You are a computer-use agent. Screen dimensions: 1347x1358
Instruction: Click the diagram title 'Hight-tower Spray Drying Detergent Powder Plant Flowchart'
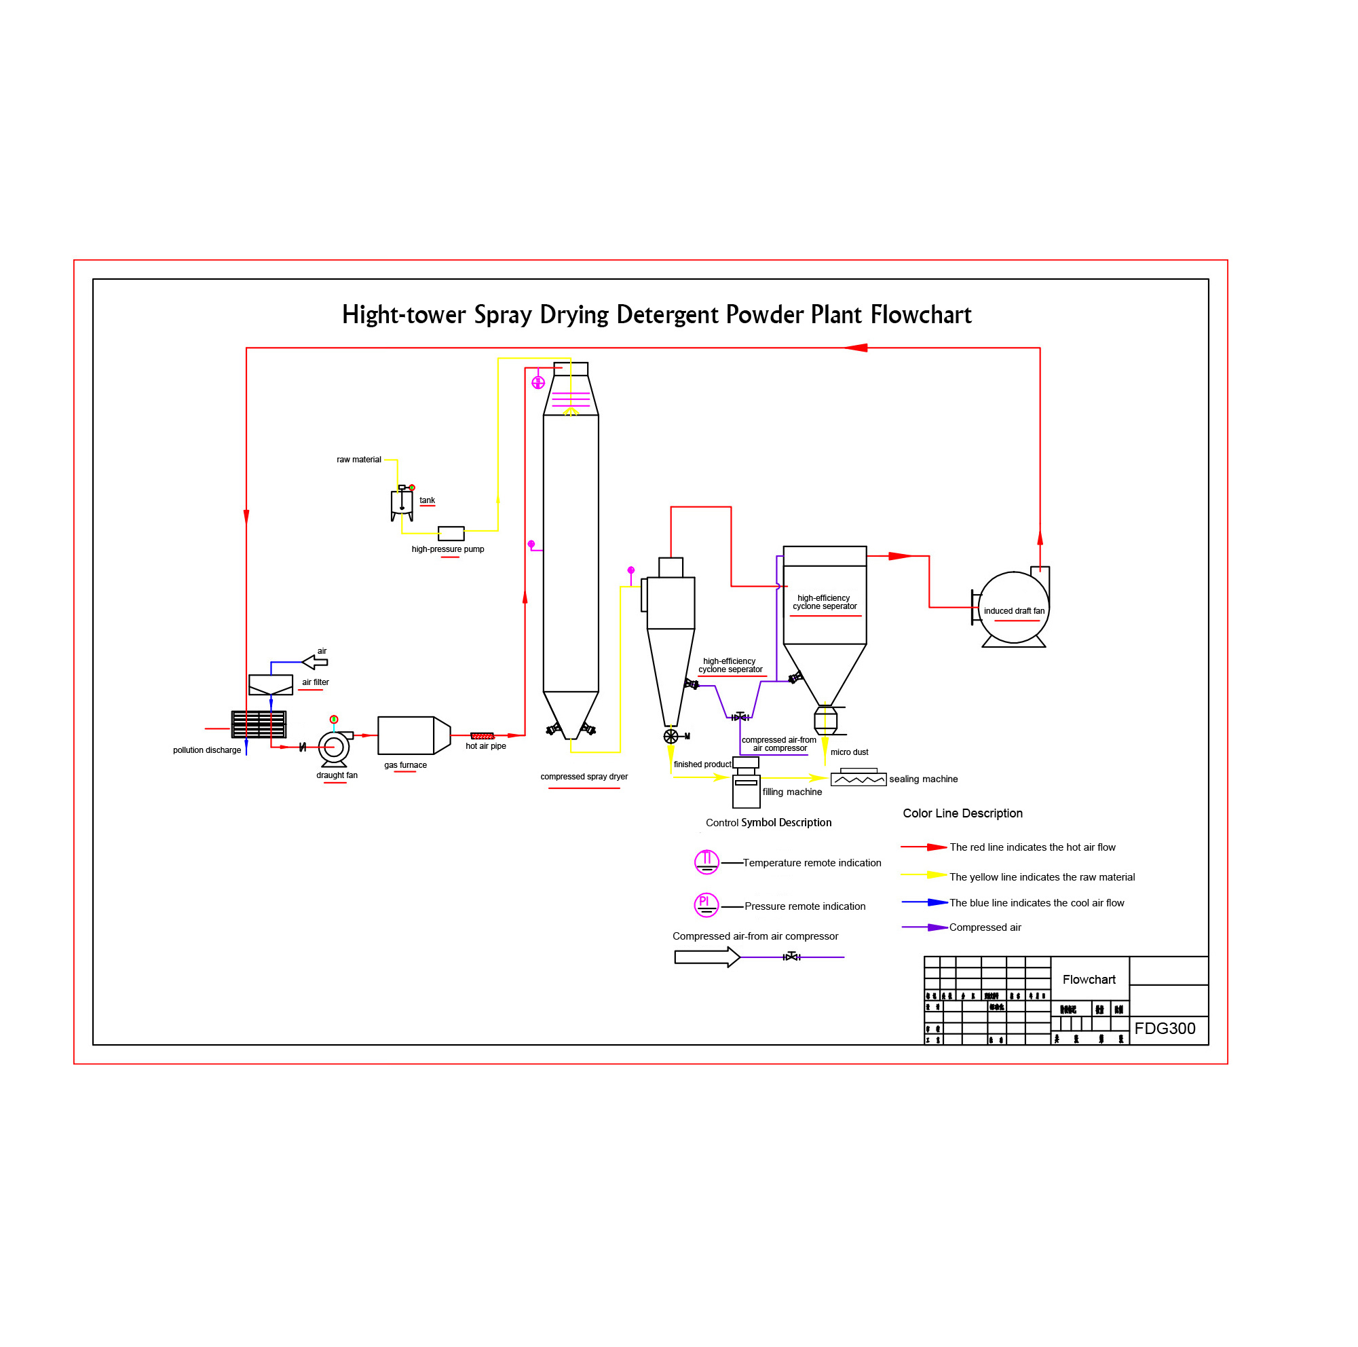click(656, 314)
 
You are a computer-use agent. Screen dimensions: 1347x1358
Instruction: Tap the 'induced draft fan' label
click(1014, 610)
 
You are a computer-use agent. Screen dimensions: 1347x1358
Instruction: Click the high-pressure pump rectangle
click(451, 533)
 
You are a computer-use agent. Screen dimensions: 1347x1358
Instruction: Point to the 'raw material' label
click(358, 460)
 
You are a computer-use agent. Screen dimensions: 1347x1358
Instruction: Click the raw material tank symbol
click(401, 504)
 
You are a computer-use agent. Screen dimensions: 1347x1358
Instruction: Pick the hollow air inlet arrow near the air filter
click(315, 661)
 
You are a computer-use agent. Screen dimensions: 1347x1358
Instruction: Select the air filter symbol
click(271, 684)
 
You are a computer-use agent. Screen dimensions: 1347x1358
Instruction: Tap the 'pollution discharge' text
click(206, 750)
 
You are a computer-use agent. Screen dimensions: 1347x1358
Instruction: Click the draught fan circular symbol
click(334, 747)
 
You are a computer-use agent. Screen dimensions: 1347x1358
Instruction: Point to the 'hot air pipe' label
click(485, 746)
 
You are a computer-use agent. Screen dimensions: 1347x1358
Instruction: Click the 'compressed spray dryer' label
click(584, 776)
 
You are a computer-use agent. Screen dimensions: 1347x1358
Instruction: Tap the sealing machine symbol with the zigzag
click(859, 779)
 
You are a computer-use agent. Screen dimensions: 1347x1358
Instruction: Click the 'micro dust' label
click(849, 752)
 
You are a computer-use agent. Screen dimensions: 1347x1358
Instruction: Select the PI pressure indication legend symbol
click(706, 905)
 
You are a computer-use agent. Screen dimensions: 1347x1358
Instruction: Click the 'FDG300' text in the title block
click(1164, 1029)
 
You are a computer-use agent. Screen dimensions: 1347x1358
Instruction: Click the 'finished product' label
click(702, 764)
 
